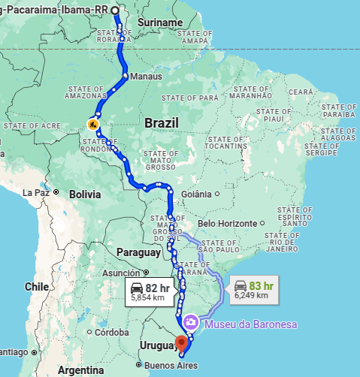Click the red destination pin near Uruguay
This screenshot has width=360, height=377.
[180, 343]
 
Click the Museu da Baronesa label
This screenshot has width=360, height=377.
[249, 324]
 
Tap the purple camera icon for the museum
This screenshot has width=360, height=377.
[192, 322]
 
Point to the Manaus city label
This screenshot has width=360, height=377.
[146, 77]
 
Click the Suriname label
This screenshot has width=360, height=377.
[160, 23]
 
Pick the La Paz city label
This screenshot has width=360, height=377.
[35, 192]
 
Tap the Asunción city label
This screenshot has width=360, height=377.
[120, 273]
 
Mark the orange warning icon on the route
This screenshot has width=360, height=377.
[92, 123]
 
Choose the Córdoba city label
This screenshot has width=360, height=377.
[113, 332]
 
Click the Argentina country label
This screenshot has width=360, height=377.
[80, 370]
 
